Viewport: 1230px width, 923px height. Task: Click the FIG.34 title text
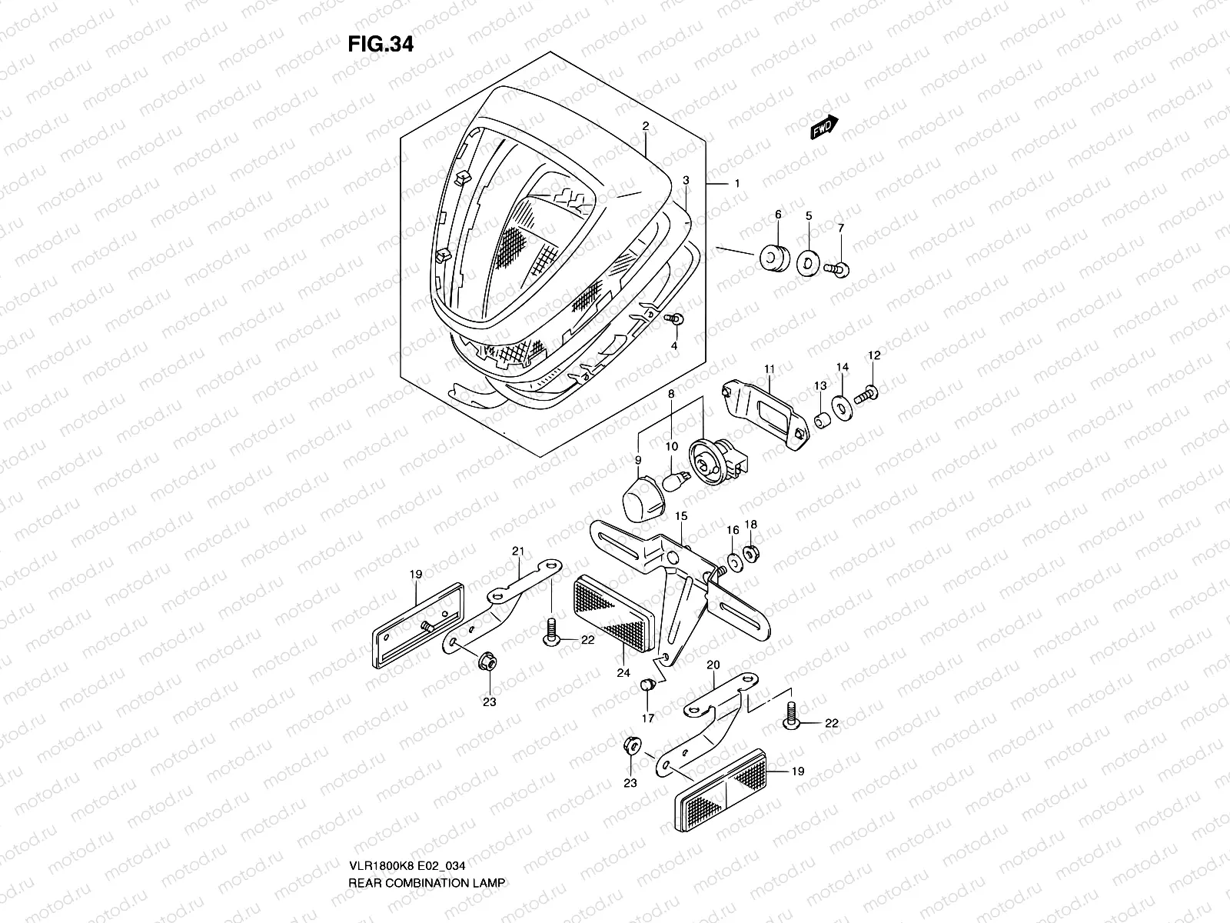[381, 45]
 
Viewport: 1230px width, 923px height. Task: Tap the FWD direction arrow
[823, 128]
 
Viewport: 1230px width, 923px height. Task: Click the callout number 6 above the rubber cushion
[777, 215]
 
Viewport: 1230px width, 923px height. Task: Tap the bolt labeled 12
[866, 395]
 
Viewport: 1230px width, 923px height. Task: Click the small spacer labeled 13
[822, 422]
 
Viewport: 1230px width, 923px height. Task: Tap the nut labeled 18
[752, 551]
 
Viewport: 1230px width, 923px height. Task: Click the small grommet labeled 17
[647, 684]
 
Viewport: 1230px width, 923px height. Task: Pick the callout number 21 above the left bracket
[517, 551]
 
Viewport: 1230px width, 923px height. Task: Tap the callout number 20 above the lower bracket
[713, 664]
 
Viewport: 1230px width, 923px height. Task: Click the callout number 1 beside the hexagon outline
[736, 184]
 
